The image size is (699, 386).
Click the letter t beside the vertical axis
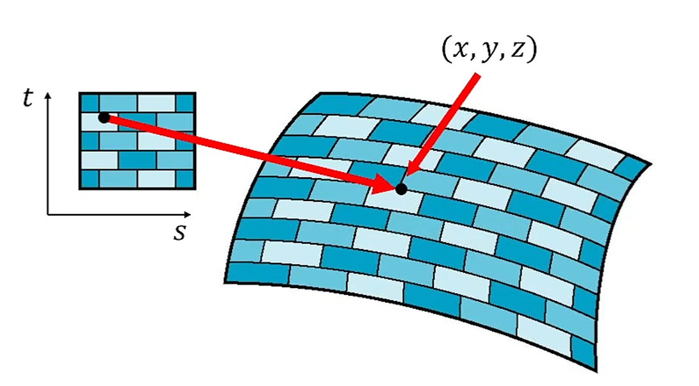tap(27, 99)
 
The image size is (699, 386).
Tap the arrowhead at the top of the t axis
tap(47, 96)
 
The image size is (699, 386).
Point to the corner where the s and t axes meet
tap(47, 214)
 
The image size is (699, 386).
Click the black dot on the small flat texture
tap(103, 117)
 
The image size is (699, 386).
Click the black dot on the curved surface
tap(401, 189)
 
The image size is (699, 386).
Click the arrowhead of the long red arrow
tap(387, 186)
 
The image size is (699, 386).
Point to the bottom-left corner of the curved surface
tap(225, 282)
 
